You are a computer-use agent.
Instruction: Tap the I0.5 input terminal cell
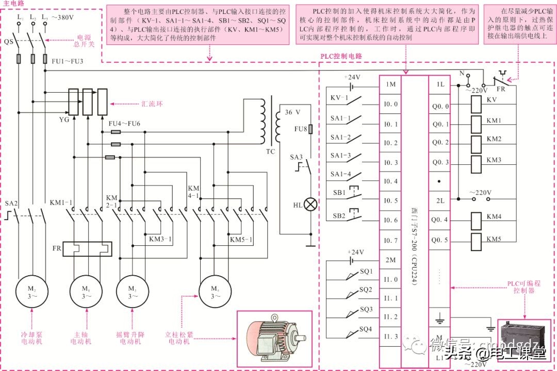pyautogui.click(x=390, y=200)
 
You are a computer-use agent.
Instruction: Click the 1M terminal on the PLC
pyautogui.click(x=390, y=85)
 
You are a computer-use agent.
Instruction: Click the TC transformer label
pyautogui.click(x=271, y=152)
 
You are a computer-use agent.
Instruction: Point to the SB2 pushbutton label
pyautogui.click(x=338, y=215)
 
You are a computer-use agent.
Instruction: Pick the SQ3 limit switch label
pyautogui.click(x=366, y=309)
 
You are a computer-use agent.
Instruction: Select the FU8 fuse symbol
pyautogui.click(x=310, y=129)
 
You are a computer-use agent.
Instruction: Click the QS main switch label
pyautogui.click(x=8, y=40)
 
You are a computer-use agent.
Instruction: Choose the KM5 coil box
pyautogui.click(x=477, y=240)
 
